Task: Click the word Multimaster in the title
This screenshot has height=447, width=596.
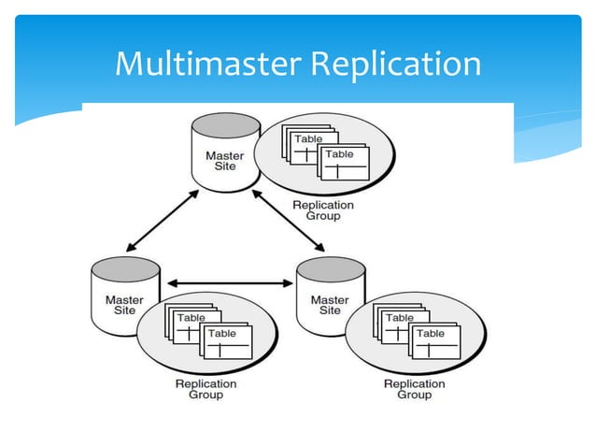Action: coord(206,65)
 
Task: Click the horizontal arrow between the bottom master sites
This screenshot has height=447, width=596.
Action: coord(229,280)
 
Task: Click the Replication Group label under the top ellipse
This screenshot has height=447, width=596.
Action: coord(323,210)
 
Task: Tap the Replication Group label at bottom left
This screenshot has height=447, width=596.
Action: coord(206,389)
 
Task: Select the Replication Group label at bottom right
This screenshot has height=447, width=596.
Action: coord(414,389)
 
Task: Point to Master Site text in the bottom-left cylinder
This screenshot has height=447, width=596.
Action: coord(124,306)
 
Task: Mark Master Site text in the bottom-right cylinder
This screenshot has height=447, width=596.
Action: coord(330,306)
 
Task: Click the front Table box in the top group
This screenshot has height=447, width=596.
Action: coord(342,163)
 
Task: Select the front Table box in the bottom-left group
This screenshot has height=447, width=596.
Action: coord(224,342)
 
